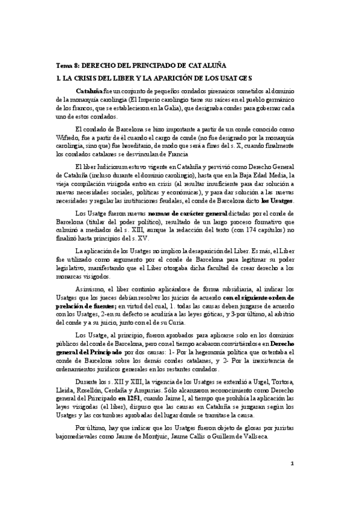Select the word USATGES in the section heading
(x=234, y=78)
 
